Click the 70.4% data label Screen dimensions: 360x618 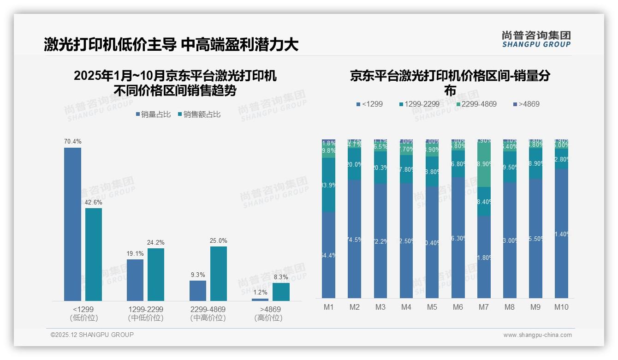[x=72, y=142]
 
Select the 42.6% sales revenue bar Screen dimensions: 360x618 [x=94, y=254]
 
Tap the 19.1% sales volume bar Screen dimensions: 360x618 [x=135, y=280]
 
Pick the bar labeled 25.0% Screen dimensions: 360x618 [x=219, y=274]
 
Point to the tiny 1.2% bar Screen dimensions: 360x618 [x=260, y=300]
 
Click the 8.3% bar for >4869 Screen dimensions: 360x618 [x=281, y=292]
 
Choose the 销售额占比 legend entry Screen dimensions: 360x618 [x=199, y=114]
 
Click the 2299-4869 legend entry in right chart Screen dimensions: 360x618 [x=477, y=104]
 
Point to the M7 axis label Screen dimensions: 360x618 [x=484, y=307]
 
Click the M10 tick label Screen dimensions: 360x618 [x=561, y=307]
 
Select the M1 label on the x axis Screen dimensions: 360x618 [x=329, y=307]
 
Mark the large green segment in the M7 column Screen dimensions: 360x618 [x=484, y=164]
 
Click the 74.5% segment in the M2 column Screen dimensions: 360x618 [x=355, y=239]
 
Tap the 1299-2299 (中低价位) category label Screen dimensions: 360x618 [x=146, y=313]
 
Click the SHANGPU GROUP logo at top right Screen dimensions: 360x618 [x=536, y=39]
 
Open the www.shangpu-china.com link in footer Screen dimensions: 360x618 [x=537, y=335]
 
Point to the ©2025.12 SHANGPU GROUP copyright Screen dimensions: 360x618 [x=92, y=335]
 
